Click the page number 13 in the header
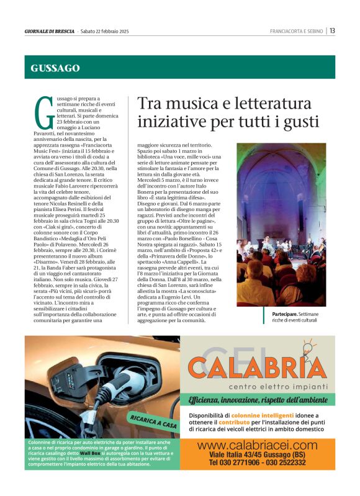333,30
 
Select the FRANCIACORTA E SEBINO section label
297,31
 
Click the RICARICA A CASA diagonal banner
151,423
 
